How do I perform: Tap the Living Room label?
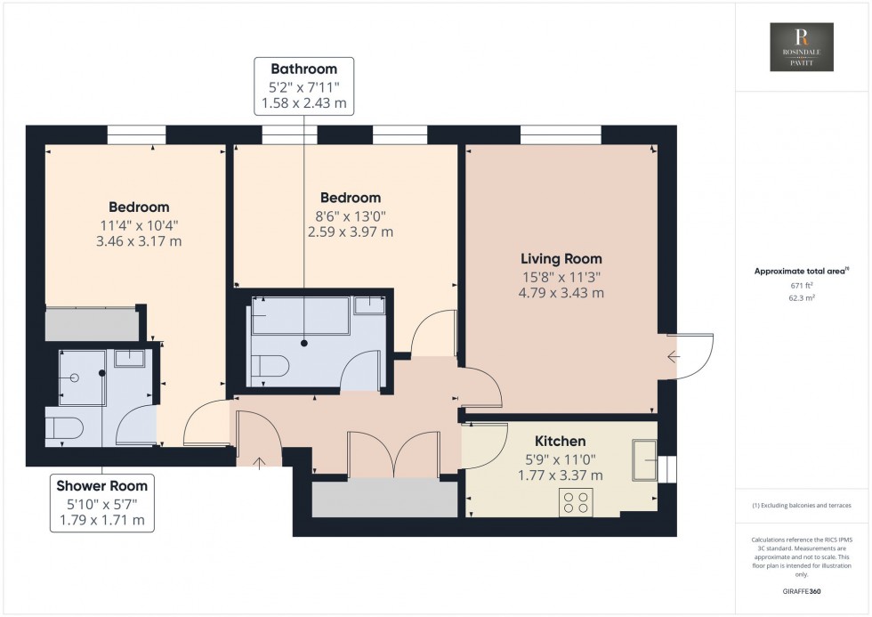coord(561,259)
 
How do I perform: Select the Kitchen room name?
coord(560,441)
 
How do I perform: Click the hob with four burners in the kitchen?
coord(576,502)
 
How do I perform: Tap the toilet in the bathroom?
coord(268,368)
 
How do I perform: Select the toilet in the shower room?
coord(64,429)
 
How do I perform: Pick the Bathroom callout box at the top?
coord(303,86)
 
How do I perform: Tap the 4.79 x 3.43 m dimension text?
coord(561,293)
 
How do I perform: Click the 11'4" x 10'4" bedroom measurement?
coord(139,224)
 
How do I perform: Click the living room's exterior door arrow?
coord(674,356)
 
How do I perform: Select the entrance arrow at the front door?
coord(260,462)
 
